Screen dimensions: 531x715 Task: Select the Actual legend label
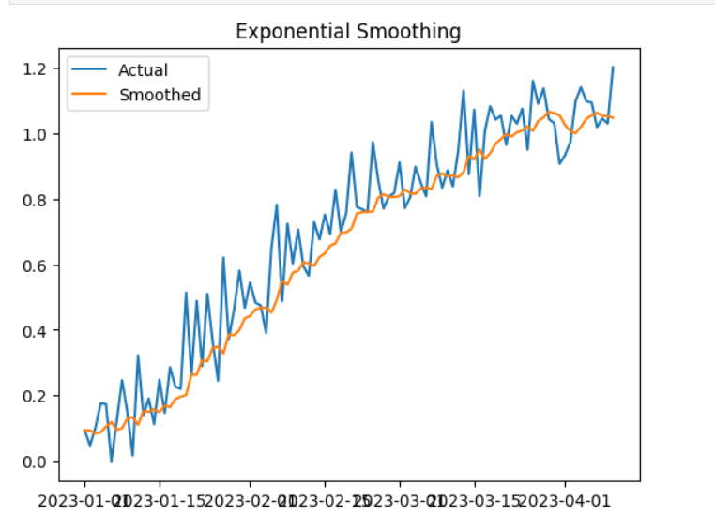tap(144, 69)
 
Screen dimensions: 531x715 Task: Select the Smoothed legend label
tap(160, 95)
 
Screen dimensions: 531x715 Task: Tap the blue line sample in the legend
tap(90, 69)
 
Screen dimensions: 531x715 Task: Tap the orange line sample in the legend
tap(90, 95)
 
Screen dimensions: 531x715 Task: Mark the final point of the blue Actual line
tap(613, 67)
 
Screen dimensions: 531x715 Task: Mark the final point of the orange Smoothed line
tap(613, 117)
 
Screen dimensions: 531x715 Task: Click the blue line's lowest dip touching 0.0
tap(112, 461)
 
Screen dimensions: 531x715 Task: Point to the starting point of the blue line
tap(84, 431)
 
